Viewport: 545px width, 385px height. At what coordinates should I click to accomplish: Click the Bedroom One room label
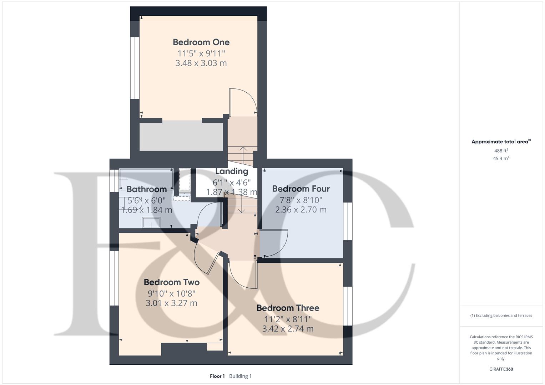201,42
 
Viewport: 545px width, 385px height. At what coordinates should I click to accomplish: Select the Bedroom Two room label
171,282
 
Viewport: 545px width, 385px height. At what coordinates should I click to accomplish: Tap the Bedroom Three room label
288,308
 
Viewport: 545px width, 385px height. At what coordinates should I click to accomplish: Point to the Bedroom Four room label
301,189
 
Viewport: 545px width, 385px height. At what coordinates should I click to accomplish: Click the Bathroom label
146,189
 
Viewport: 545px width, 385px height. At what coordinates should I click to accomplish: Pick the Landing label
232,171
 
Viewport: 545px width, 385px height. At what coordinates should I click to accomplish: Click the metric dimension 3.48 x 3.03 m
201,63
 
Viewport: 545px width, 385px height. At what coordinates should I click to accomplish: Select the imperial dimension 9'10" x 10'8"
171,294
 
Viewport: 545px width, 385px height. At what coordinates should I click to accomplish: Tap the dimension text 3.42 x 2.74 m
288,329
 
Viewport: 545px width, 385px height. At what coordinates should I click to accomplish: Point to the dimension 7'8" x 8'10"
301,200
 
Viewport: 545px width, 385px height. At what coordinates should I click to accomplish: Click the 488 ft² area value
501,151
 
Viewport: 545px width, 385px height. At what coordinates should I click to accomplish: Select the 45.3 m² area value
501,159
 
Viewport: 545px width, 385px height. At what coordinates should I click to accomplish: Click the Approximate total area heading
501,142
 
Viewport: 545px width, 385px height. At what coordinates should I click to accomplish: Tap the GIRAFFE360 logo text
501,369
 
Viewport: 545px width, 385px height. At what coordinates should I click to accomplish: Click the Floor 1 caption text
217,376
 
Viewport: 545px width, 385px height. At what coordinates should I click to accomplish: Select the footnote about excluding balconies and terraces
501,315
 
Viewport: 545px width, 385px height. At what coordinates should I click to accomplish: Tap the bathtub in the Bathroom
146,178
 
